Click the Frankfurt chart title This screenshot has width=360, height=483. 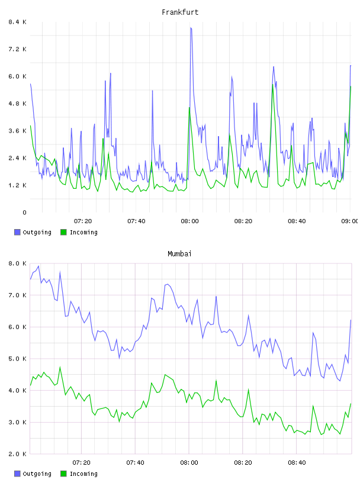click(180, 12)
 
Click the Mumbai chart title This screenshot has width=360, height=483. click(179, 254)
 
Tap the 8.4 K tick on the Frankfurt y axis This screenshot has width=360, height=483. click(18, 22)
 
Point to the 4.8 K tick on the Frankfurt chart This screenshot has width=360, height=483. click(18, 104)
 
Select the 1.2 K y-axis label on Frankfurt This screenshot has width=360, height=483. click(18, 185)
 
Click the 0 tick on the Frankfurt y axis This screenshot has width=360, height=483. click(24, 212)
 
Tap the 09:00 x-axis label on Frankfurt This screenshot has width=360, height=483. click(349, 221)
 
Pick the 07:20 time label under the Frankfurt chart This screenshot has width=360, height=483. click(83, 221)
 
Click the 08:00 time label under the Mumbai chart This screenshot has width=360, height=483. click(189, 463)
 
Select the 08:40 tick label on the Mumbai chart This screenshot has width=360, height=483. click(297, 463)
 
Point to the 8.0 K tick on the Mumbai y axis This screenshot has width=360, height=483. click(18, 263)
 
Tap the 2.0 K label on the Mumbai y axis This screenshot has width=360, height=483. click(18, 454)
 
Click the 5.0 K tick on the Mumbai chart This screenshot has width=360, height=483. click(18, 359)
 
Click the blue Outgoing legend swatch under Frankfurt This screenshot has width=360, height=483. click(17, 232)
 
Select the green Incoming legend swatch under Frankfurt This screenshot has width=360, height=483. click(63, 232)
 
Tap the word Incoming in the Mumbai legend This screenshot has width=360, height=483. click(83, 474)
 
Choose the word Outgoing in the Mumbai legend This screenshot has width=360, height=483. click(37, 474)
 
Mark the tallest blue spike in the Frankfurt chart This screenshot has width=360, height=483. click(191, 28)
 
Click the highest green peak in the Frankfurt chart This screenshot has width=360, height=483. click(273, 85)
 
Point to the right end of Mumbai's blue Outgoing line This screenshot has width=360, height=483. click(351, 320)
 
